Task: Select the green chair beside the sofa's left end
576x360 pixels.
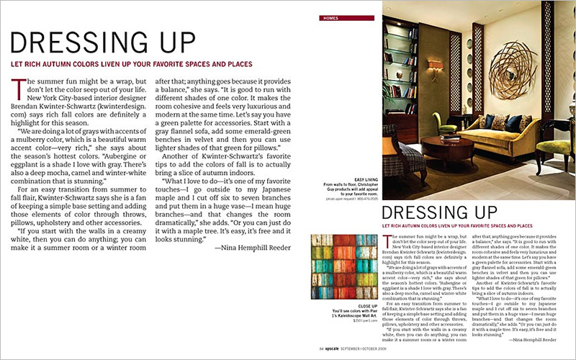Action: point(446,123)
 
